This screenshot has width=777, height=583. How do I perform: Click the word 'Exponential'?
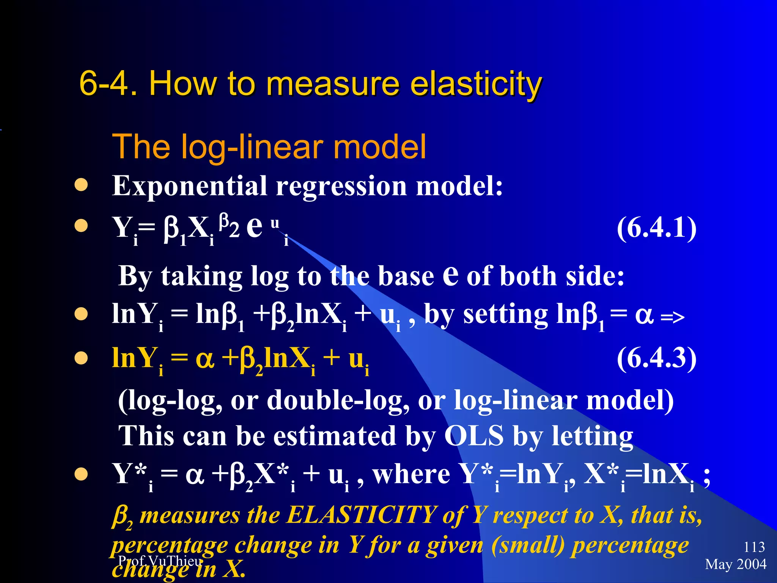pos(189,187)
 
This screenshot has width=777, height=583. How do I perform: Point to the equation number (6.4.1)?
pos(656,228)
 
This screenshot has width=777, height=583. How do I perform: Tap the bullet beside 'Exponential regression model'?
pos(81,185)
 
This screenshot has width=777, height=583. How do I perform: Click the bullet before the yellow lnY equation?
pos(81,358)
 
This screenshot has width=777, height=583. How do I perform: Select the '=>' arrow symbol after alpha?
pos(672,317)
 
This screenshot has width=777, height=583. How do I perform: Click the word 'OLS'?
pos(474,436)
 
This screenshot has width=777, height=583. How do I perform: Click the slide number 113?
pos(754,547)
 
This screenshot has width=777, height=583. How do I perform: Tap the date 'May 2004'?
pos(736,564)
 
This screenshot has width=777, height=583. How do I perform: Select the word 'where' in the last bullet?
pos(411,474)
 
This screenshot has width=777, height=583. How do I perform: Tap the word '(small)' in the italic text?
pos(528,546)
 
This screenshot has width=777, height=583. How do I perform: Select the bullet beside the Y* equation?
pos(81,474)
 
